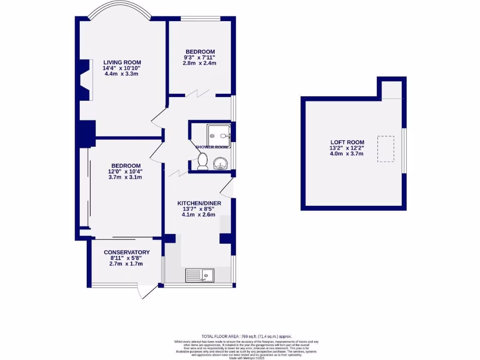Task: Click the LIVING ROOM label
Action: (x=122, y=62)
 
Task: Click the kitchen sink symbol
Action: (x=200, y=275)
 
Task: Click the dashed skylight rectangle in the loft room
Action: (x=386, y=149)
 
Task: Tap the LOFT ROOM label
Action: (x=347, y=142)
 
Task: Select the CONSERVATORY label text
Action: (x=127, y=252)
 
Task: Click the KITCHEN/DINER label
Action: (x=199, y=203)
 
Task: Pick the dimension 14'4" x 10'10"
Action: (x=122, y=68)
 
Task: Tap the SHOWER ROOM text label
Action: (x=212, y=147)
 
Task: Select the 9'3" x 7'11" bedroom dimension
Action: (x=200, y=57)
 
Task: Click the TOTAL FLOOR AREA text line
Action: (x=247, y=336)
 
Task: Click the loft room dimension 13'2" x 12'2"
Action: (x=347, y=148)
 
